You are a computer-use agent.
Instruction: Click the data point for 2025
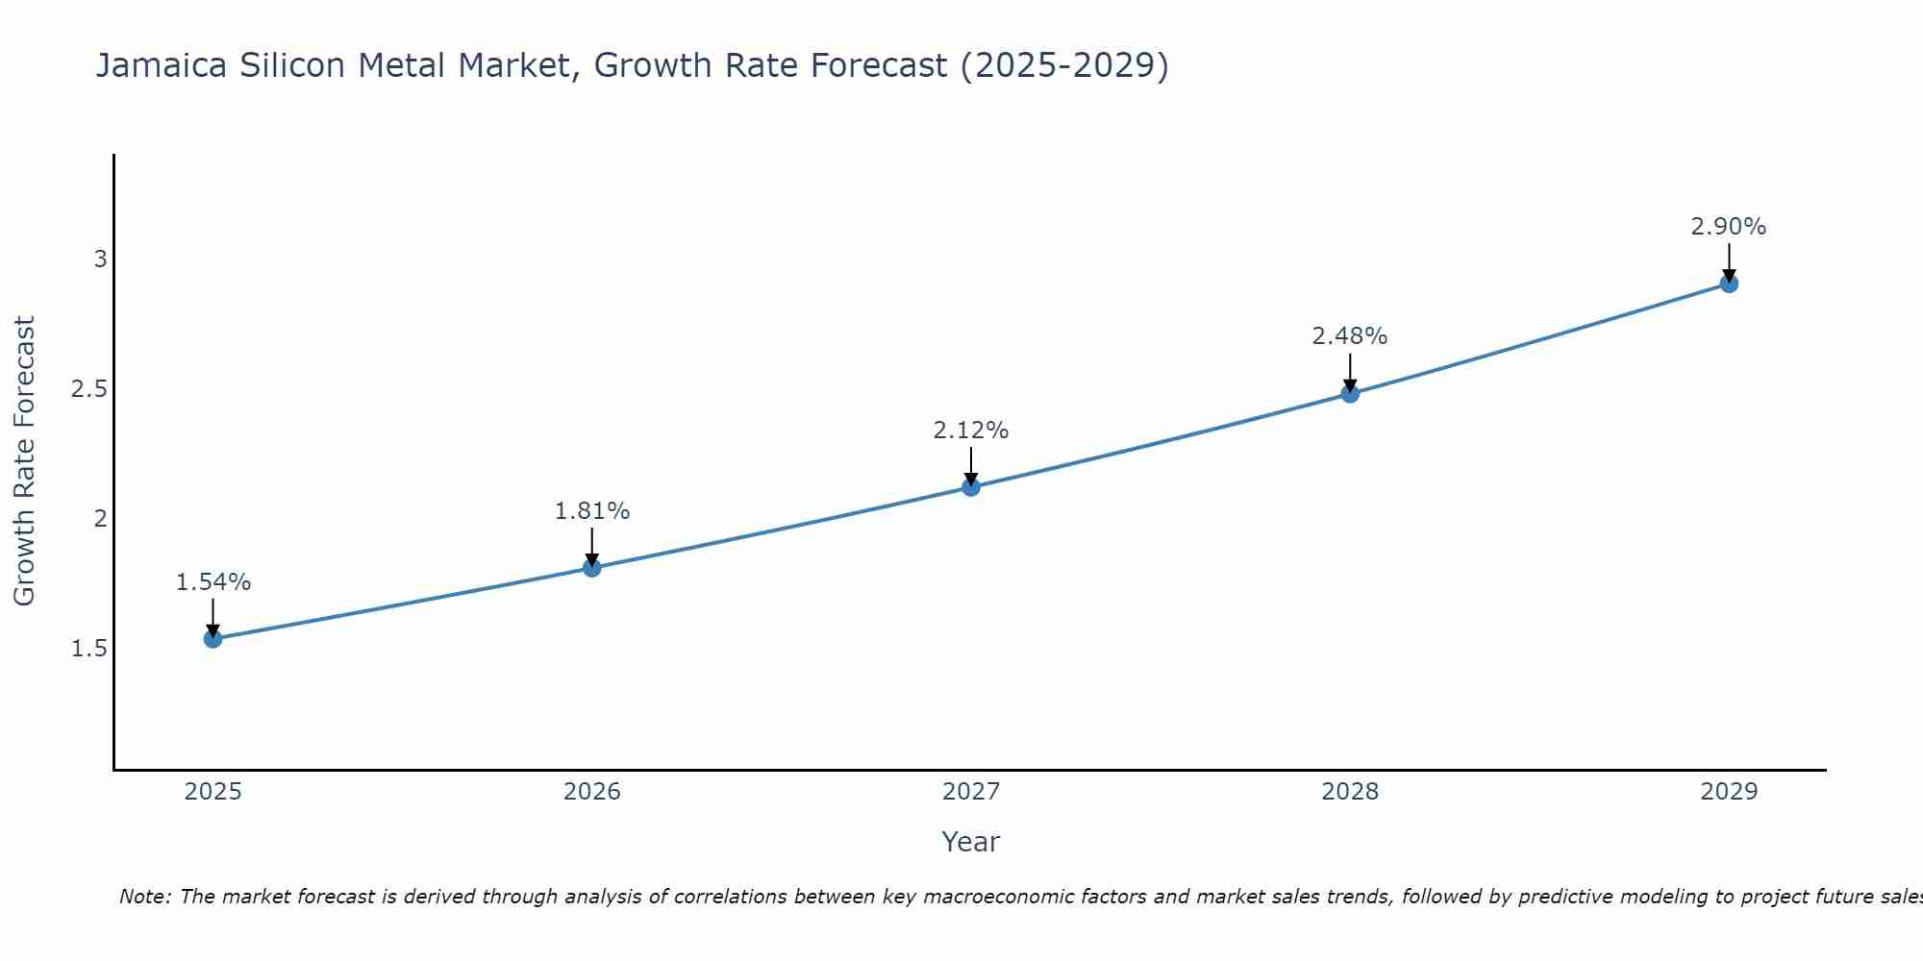(212, 639)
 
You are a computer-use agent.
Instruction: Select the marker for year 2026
(591, 568)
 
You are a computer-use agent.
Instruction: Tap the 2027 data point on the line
(971, 487)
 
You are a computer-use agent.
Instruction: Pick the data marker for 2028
(1350, 393)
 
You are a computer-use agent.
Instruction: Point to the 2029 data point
(1729, 283)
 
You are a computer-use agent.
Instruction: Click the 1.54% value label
(212, 582)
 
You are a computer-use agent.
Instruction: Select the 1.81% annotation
(591, 511)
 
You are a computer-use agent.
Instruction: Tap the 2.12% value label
(971, 431)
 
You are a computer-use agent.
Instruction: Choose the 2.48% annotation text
(1350, 336)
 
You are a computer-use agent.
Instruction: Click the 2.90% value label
(1729, 227)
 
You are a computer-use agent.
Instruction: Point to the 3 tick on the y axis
(100, 259)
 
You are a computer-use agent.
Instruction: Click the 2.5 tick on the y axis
(88, 389)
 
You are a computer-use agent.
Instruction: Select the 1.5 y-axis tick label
(88, 650)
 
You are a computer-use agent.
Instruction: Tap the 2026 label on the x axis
(591, 792)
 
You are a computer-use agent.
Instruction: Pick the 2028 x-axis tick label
(1350, 792)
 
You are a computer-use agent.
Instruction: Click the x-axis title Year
(970, 842)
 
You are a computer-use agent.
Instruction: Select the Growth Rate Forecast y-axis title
(24, 461)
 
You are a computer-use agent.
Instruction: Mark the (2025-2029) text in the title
(1064, 66)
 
